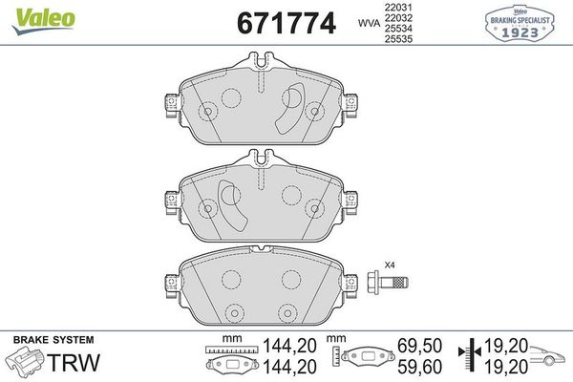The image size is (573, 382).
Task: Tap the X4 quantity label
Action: [x=389, y=265]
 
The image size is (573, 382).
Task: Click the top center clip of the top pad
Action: [x=261, y=65]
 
